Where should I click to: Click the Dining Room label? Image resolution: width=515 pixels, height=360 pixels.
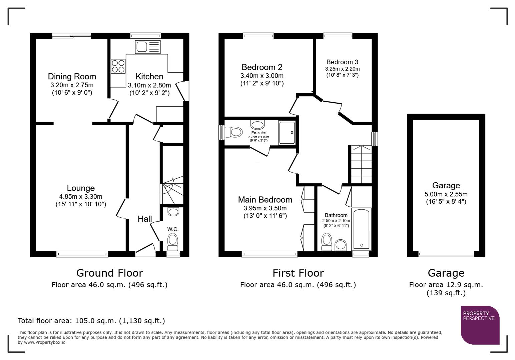pyautogui.click(x=72, y=77)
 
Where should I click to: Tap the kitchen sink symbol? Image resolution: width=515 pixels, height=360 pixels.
pyautogui.click(x=148, y=47)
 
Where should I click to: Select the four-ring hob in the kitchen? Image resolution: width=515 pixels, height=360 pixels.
pyautogui.click(x=118, y=66)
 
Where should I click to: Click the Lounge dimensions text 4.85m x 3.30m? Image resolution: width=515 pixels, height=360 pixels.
pyautogui.click(x=81, y=197)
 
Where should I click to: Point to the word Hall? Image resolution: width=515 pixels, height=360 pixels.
pyautogui.click(x=145, y=219)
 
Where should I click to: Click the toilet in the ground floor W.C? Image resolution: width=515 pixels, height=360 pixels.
pyautogui.click(x=172, y=241)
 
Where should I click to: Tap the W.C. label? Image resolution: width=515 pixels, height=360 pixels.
pyautogui.click(x=173, y=229)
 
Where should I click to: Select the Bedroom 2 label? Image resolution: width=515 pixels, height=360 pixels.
pyautogui.click(x=262, y=67)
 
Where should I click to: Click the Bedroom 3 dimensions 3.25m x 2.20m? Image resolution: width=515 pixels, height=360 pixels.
pyautogui.click(x=342, y=69)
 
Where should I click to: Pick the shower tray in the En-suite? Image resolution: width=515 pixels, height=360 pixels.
pyautogui.click(x=287, y=133)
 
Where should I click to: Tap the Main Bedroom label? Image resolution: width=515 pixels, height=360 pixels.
pyautogui.click(x=265, y=200)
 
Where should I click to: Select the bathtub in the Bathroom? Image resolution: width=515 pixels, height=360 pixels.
pyautogui.click(x=362, y=229)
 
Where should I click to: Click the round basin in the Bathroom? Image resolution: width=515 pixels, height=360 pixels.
pyautogui.click(x=341, y=245)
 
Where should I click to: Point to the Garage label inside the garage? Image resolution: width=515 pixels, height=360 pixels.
pyautogui.click(x=446, y=186)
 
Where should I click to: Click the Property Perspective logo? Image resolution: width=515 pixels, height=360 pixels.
pyautogui.click(x=480, y=325)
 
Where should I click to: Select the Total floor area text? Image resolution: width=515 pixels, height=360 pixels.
pyautogui.click(x=91, y=321)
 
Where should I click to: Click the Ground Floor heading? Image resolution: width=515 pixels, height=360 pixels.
pyautogui.click(x=109, y=273)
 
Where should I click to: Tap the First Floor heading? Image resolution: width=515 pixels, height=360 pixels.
pyautogui.click(x=298, y=273)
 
